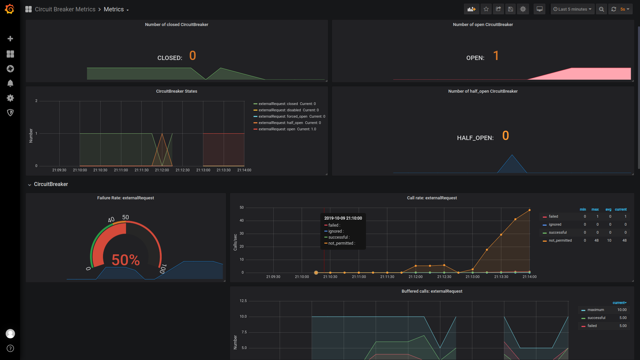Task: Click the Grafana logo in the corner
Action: tap(10, 9)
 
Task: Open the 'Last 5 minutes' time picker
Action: tap(572, 9)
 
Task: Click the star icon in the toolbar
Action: tap(486, 9)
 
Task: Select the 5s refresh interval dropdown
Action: tap(625, 9)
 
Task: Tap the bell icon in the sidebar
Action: tap(10, 83)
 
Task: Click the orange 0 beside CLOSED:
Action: tap(193, 56)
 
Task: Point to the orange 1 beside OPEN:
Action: tap(496, 56)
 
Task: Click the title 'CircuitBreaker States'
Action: tap(177, 91)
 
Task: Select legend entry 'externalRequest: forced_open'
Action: tap(283, 117)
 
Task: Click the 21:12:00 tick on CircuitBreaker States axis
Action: tap(162, 170)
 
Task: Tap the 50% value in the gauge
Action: tap(126, 260)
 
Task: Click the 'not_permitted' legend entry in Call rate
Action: tap(560, 241)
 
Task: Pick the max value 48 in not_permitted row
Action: tap(596, 241)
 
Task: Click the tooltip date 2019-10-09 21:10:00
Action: tap(343, 218)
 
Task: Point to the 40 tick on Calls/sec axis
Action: tap(242, 221)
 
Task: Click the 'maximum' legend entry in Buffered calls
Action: tap(595, 310)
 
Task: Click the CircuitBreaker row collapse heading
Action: tap(51, 184)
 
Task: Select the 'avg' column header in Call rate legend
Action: tap(608, 210)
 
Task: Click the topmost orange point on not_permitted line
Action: tap(529, 210)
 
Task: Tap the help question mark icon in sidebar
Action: tap(10, 348)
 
